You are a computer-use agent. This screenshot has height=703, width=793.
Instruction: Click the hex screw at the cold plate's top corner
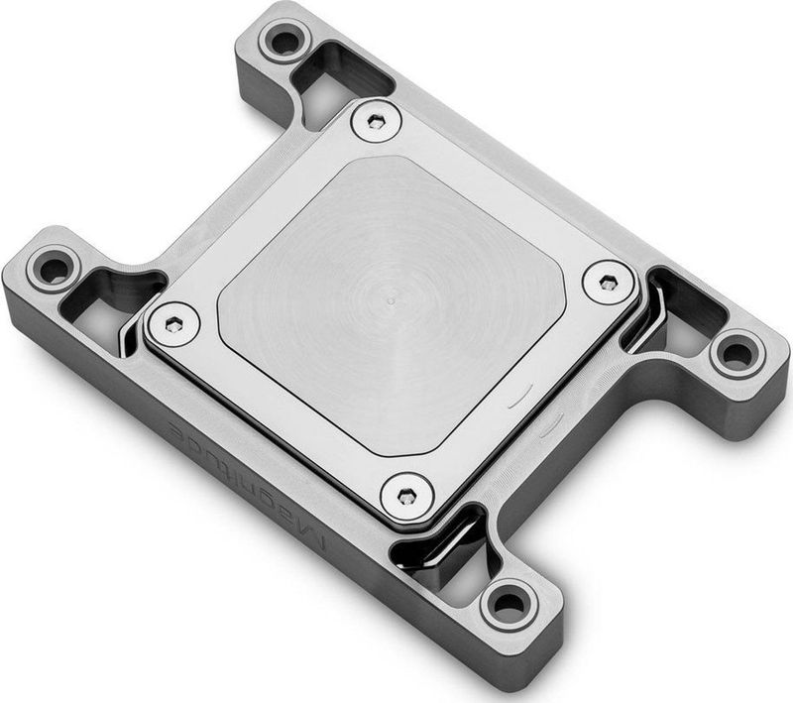pyautogui.click(x=376, y=121)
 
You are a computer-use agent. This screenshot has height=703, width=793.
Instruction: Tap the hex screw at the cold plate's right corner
pyautogui.click(x=607, y=283)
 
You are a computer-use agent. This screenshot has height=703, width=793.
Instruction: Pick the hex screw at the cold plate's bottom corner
pyautogui.click(x=406, y=493)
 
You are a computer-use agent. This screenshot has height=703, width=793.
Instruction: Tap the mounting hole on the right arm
pyautogui.click(x=736, y=352)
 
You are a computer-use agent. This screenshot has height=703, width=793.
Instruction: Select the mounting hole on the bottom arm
pyautogui.click(x=509, y=602)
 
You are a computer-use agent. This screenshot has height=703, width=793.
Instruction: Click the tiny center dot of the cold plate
pyautogui.click(x=392, y=296)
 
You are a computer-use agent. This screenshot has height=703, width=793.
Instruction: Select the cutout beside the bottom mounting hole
pyautogui.click(x=451, y=555)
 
